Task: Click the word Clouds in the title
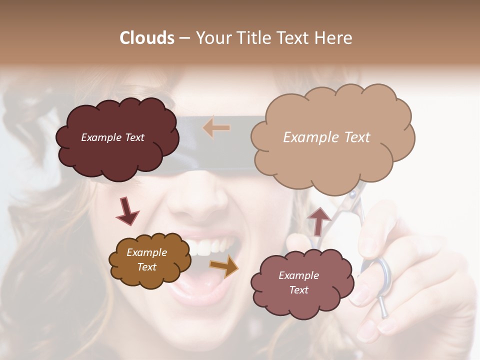(147, 38)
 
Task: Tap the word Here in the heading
(333, 38)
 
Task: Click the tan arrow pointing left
(216, 128)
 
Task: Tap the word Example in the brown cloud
(146, 252)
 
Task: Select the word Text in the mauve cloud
(298, 290)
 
